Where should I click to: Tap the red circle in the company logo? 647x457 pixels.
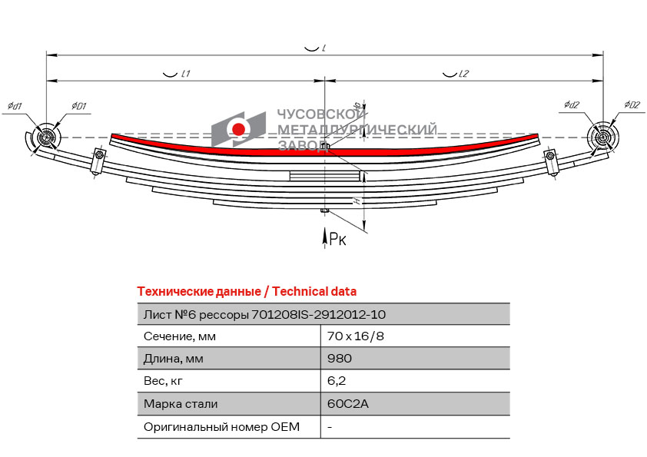click(x=238, y=130)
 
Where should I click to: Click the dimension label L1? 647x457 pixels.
click(x=186, y=74)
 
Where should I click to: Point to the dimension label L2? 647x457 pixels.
click(x=464, y=74)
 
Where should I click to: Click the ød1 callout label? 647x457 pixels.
click(x=15, y=106)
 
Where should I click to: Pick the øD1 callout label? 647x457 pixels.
click(x=79, y=106)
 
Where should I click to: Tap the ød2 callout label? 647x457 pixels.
click(x=572, y=104)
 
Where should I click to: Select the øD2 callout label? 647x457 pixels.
click(x=632, y=104)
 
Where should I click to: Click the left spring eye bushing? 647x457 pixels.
click(x=47, y=137)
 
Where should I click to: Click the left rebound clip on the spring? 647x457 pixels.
click(x=98, y=161)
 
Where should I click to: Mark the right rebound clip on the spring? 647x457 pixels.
click(x=551, y=162)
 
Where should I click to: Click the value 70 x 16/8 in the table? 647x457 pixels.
click(x=355, y=336)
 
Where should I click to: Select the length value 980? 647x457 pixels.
click(x=340, y=359)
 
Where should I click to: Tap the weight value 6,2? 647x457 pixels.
click(x=337, y=381)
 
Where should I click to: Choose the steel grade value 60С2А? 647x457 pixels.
click(x=347, y=404)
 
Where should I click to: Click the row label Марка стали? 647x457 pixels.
click(x=181, y=404)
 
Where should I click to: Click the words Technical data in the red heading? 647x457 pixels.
click(x=314, y=292)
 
